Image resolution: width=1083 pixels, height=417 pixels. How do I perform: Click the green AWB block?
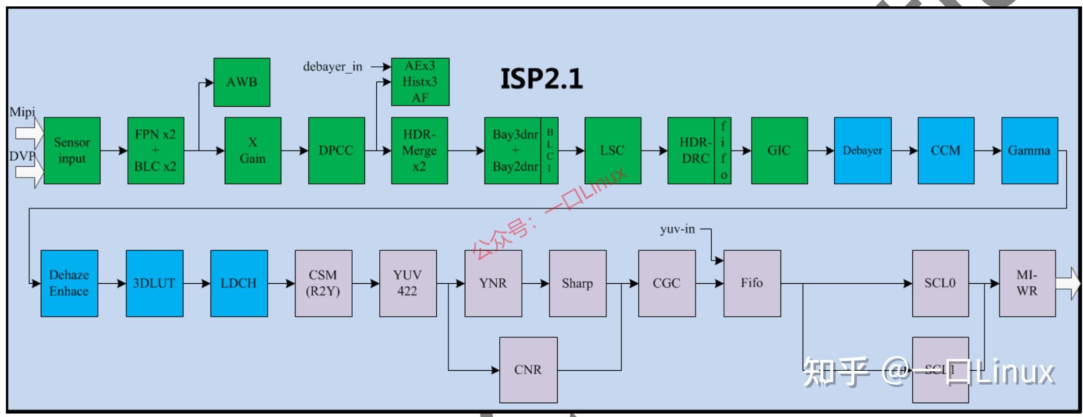pos(241,82)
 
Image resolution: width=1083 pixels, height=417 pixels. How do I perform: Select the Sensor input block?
pos(72,150)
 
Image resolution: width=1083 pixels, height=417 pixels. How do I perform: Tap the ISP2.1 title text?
pos(541,79)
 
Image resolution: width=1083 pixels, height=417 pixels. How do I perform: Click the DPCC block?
pos(336,150)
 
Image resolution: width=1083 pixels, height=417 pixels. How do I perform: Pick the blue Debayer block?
pos(862,150)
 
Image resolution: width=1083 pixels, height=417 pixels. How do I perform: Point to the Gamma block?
pos(1029,150)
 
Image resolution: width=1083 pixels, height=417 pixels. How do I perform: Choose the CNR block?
pos(528,369)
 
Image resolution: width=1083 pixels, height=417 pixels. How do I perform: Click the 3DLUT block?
pos(154,283)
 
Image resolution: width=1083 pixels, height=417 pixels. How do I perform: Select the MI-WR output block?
pos(1027,283)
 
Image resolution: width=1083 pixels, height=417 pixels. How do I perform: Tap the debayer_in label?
pos(332,66)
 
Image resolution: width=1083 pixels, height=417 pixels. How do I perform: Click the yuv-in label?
pos(677,229)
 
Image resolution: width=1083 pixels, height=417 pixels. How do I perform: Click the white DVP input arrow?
pos(29,173)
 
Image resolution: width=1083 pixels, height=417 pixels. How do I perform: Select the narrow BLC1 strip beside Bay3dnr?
pos(549,150)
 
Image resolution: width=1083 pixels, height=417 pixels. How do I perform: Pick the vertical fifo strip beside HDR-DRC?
pos(723,150)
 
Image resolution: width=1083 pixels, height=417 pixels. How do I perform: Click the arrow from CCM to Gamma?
pos(988,150)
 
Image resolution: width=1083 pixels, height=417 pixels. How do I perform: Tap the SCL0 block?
pos(940,283)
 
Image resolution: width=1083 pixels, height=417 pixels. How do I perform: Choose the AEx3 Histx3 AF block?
pos(420,82)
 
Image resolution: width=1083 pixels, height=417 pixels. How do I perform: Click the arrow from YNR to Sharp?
pos(535,283)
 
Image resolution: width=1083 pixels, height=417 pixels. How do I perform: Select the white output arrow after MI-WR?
pos(1068,283)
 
